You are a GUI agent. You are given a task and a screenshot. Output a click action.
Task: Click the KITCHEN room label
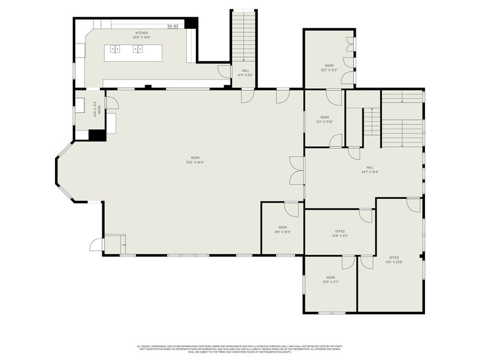(x=141, y=33)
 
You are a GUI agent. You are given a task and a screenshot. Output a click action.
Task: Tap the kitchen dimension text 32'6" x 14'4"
(x=141, y=37)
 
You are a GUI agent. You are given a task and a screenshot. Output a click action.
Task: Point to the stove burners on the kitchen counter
(x=173, y=26)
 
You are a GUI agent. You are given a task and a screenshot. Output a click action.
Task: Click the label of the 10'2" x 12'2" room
(x=329, y=67)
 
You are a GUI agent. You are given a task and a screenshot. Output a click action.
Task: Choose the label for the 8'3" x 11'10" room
(x=324, y=119)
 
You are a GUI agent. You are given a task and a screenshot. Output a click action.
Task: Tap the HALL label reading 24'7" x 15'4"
(x=370, y=170)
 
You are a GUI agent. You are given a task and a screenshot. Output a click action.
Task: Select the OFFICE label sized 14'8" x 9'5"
(x=340, y=233)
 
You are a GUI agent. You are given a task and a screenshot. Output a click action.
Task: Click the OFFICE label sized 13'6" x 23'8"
(x=394, y=260)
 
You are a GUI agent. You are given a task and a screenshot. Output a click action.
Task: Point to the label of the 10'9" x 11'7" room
(x=331, y=280)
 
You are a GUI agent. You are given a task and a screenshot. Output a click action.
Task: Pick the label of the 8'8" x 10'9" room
(x=282, y=230)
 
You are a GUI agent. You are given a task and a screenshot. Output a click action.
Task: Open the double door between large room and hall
(x=297, y=170)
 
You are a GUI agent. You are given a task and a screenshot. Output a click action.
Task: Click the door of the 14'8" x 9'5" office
(x=366, y=216)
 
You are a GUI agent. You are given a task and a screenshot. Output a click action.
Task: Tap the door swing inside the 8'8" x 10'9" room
(x=291, y=209)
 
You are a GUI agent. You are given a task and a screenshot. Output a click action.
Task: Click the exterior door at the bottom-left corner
(x=97, y=245)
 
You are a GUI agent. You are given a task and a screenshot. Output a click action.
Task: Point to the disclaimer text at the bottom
(x=239, y=347)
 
